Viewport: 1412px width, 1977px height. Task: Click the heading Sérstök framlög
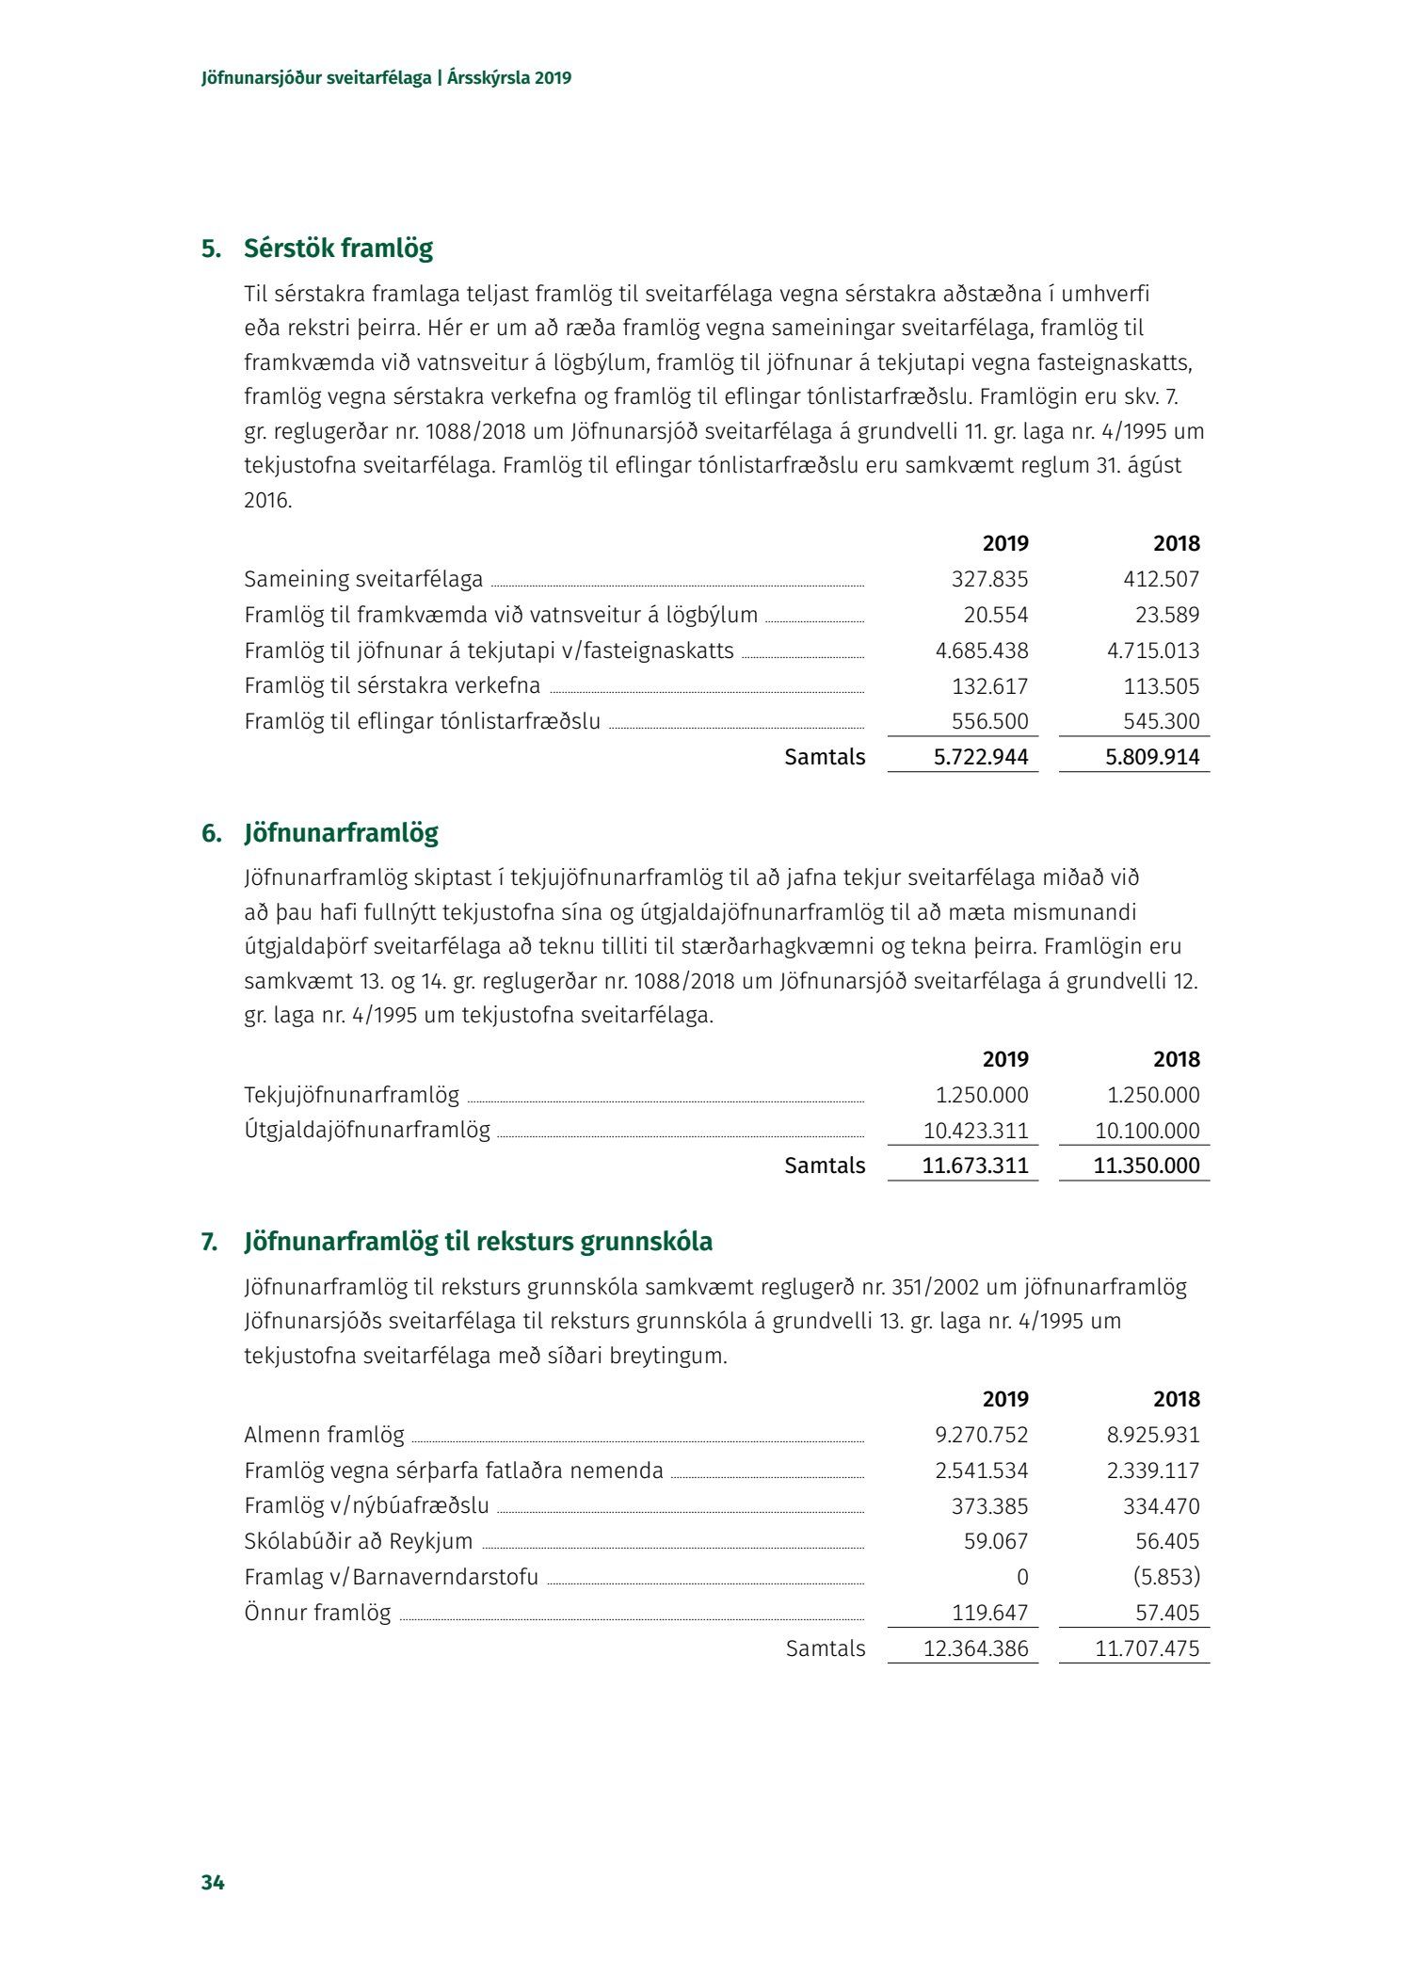(x=338, y=249)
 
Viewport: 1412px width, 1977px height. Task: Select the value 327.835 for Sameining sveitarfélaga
(x=989, y=579)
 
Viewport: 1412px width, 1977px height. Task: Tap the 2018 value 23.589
(x=1167, y=615)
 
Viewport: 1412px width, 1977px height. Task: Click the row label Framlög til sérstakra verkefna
(x=392, y=686)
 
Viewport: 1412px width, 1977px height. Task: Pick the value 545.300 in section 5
(x=1161, y=721)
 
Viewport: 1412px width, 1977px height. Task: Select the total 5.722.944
(x=981, y=757)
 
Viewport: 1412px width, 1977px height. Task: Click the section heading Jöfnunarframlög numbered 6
(x=341, y=833)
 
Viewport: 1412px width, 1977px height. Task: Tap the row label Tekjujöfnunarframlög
(x=351, y=1095)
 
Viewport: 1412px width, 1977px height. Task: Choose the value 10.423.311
(x=976, y=1131)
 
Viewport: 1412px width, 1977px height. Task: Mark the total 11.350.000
(x=1147, y=1165)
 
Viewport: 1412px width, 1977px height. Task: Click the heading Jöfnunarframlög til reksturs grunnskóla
(x=478, y=1242)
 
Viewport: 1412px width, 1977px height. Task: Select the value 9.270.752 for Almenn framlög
(x=981, y=1435)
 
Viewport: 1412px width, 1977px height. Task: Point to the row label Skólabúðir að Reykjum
(x=358, y=1541)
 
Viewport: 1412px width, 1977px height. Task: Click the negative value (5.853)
(x=1166, y=1577)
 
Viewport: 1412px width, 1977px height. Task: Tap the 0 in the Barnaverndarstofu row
(x=1022, y=1577)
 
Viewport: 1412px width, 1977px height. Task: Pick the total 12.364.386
(x=976, y=1648)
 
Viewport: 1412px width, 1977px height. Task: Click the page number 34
(x=213, y=1882)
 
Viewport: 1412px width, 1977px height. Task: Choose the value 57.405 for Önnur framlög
(x=1167, y=1613)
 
